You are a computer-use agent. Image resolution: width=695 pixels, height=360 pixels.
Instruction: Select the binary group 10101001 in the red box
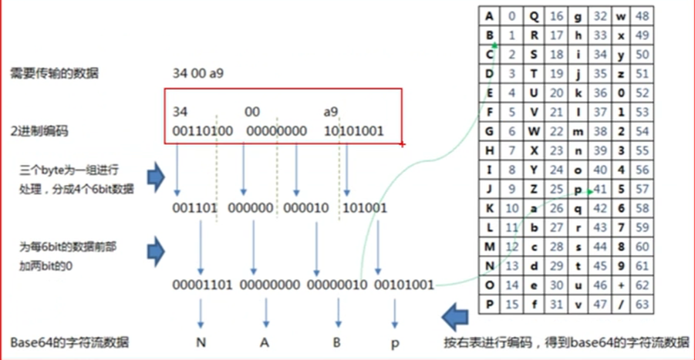point(354,131)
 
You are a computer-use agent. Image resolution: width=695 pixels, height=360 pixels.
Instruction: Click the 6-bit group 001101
point(194,208)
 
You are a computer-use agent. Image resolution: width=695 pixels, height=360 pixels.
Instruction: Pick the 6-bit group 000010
point(306,208)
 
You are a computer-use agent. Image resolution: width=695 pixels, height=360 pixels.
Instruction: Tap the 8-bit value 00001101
point(203,285)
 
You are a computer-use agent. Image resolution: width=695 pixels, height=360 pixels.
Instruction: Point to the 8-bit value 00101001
point(403,285)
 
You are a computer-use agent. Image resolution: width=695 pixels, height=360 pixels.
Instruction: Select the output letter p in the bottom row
point(394,341)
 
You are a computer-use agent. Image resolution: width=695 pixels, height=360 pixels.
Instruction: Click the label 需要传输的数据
point(54,74)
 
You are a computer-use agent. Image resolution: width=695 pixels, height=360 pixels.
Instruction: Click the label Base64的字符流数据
point(70,341)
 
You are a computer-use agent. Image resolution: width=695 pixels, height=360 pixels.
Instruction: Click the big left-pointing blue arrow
point(459,314)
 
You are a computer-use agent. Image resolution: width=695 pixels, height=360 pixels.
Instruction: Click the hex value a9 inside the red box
point(332,112)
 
